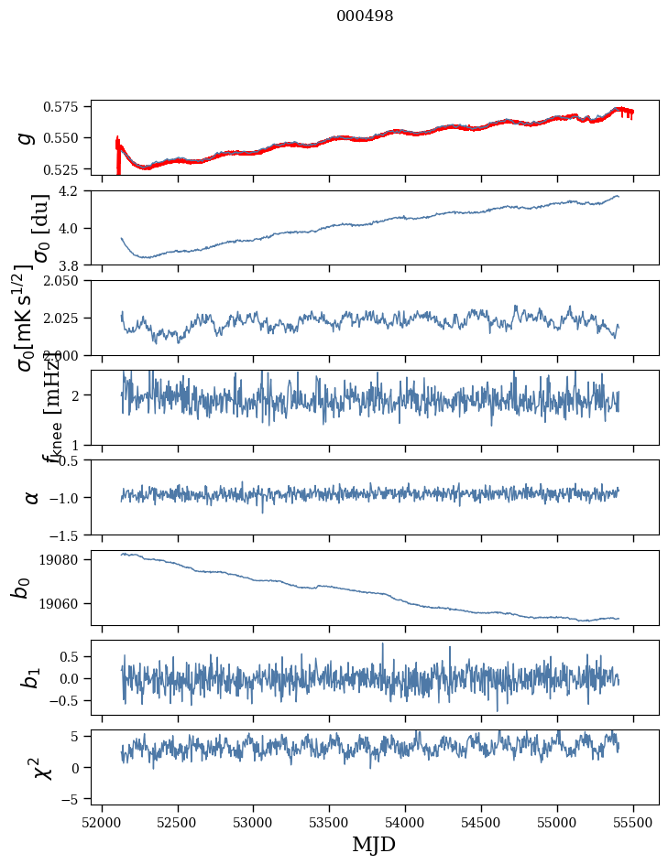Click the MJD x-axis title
pyautogui.click(x=374, y=844)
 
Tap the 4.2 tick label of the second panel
pyautogui.click(x=76, y=191)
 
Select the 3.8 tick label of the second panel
pyautogui.click(x=76, y=265)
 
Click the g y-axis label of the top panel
pyautogui.click(x=25, y=137)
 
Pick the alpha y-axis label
pyautogui.click(x=32, y=497)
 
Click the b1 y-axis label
pyautogui.click(x=32, y=677)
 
